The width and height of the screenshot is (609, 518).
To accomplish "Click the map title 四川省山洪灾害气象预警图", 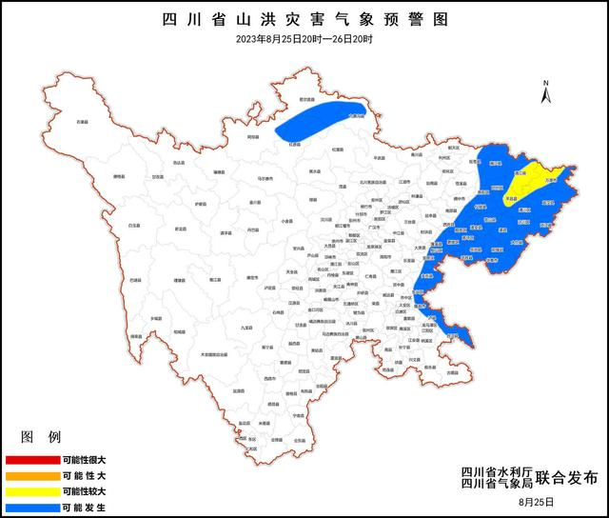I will point(304,19).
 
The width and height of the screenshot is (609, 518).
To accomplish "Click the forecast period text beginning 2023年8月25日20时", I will point(304,39).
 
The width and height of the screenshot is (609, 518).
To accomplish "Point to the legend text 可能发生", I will point(85,506).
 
